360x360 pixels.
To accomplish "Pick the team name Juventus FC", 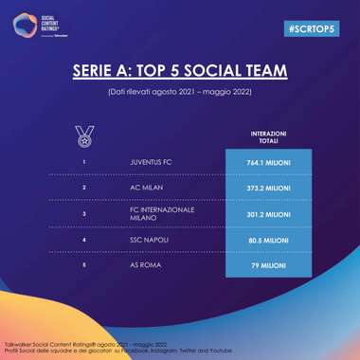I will click(x=151, y=161).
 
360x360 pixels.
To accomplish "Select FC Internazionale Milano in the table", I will click(x=162, y=214).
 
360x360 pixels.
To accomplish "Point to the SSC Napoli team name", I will click(x=148, y=241).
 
